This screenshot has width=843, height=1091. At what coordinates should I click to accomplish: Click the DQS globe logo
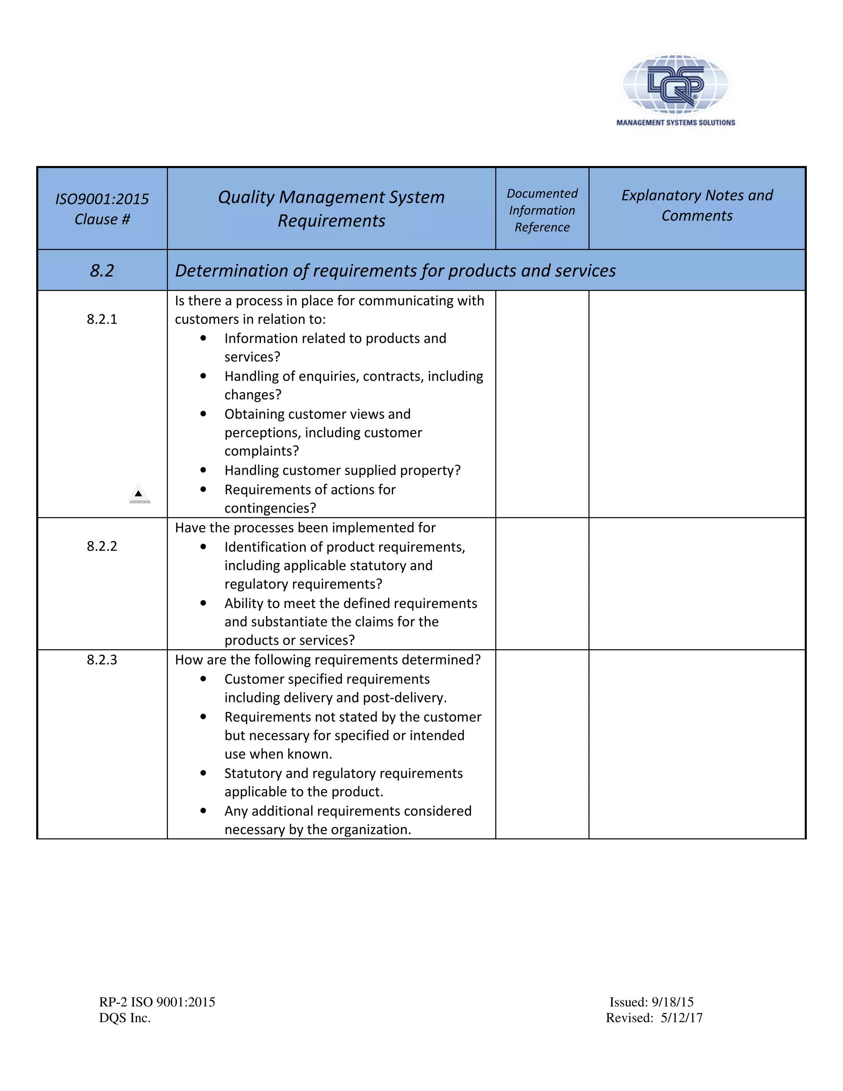[675, 83]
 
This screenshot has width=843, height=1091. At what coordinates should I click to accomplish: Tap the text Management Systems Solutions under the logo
[675, 122]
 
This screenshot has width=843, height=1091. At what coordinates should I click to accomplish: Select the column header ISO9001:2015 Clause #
[102, 209]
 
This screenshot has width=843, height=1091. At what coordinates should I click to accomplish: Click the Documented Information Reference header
[542, 210]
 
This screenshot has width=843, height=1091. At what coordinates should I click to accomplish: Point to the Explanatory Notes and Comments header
[697, 205]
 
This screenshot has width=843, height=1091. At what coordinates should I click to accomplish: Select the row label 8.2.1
[102, 319]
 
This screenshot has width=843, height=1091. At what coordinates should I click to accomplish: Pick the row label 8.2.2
[102, 546]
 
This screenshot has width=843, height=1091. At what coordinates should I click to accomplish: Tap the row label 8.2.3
[102, 660]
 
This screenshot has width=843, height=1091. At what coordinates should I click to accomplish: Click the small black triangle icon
[139, 494]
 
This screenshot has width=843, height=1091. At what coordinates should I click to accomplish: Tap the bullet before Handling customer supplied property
[203, 470]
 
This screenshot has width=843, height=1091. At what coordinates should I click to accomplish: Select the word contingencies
[270, 508]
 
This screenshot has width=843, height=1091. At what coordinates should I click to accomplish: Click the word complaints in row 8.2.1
[261, 451]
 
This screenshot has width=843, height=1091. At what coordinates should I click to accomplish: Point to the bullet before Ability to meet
[203, 604]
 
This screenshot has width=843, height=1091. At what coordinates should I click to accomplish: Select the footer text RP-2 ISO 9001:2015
[157, 1002]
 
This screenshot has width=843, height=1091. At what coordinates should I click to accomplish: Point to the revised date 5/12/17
[681, 1018]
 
